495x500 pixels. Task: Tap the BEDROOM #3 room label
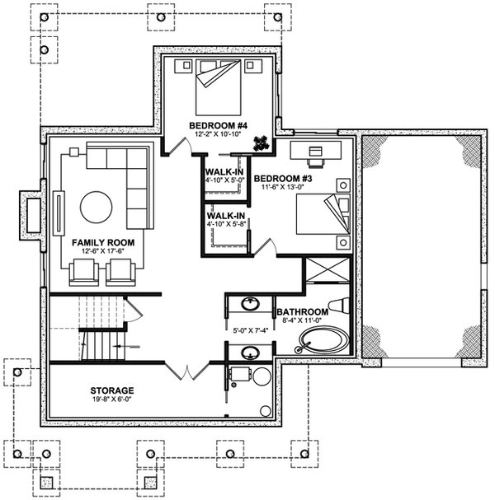(x=282, y=179)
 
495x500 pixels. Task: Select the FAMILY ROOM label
(x=103, y=243)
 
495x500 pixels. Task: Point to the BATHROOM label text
(x=302, y=312)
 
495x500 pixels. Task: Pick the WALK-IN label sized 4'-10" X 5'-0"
(x=224, y=172)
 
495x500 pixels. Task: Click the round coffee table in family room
(x=96, y=207)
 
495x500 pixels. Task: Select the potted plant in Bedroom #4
(x=261, y=143)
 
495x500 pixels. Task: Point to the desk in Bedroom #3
(x=316, y=150)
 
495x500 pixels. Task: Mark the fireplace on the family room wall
(x=30, y=214)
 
